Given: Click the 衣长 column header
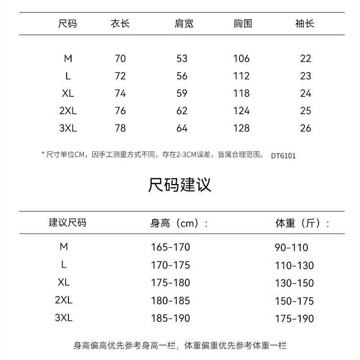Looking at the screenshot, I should pyautogui.click(x=120, y=23).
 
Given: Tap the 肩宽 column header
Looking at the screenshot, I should pyautogui.click(x=184, y=23).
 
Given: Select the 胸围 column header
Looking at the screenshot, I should pyautogui.click(x=243, y=23).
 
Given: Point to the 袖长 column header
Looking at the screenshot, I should pyautogui.click(x=305, y=23).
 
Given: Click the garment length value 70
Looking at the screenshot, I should pyautogui.click(x=120, y=58).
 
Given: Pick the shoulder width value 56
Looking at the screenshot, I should pyautogui.click(x=182, y=76).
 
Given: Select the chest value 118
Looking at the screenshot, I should pyautogui.click(x=241, y=94).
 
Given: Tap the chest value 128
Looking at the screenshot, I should pyautogui.click(x=241, y=128).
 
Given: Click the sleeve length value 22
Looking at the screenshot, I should pyautogui.click(x=306, y=58).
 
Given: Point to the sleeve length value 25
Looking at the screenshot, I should pyautogui.click(x=306, y=111).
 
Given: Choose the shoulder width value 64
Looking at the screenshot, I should pyautogui.click(x=182, y=128).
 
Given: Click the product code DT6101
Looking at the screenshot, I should pyautogui.click(x=283, y=156).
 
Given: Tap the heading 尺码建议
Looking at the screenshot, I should pyautogui.click(x=180, y=185).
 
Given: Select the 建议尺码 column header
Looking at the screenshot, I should pyautogui.click(x=67, y=223).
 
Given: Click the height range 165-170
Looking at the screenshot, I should pyautogui.click(x=170, y=247).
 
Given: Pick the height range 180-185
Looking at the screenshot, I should pyautogui.click(x=170, y=301).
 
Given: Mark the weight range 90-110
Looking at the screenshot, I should pyautogui.click(x=291, y=248).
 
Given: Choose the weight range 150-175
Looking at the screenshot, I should pyautogui.click(x=294, y=301).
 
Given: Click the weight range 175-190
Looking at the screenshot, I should pyautogui.click(x=294, y=319).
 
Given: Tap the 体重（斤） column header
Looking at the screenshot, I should pyautogui.click(x=302, y=223).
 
